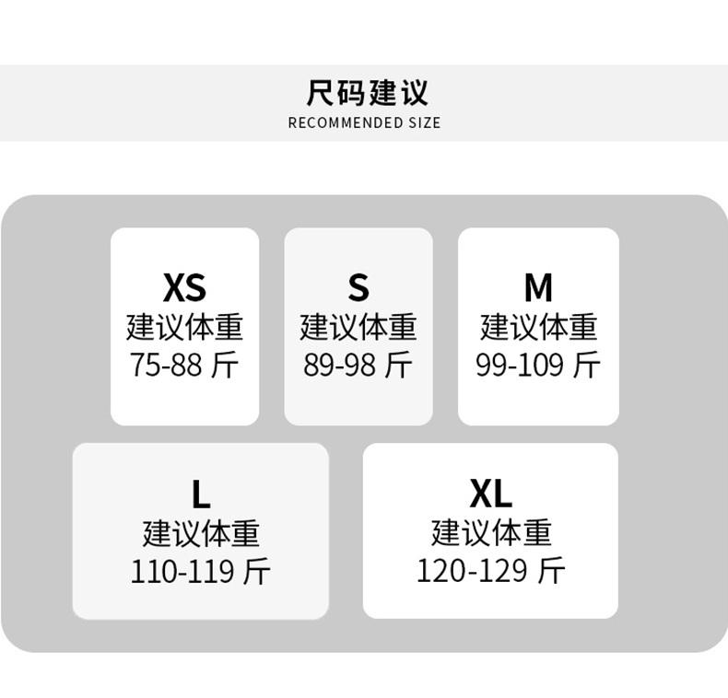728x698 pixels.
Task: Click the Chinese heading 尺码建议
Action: pos(367,93)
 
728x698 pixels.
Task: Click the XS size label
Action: pos(184,288)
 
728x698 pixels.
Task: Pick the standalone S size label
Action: pos(358,288)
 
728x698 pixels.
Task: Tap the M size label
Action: pos(538,288)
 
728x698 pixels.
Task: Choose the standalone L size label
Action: pos(201,495)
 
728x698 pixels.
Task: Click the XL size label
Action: pos(490,494)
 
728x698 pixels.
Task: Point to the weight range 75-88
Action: pos(166,366)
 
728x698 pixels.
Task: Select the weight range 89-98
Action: pos(340,366)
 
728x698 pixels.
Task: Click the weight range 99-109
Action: pos(520,366)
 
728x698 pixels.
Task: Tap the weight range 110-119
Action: pos(182,572)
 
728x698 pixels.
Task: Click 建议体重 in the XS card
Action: pos(184,328)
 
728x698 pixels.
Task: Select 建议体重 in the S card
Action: pos(358,328)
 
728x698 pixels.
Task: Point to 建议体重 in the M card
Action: pos(538,328)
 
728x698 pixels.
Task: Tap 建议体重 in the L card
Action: pos(201,534)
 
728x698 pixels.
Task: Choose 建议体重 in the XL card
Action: pos(490,533)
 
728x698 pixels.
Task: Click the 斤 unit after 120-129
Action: pos(551,571)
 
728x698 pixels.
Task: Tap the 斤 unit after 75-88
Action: pos(225,366)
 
